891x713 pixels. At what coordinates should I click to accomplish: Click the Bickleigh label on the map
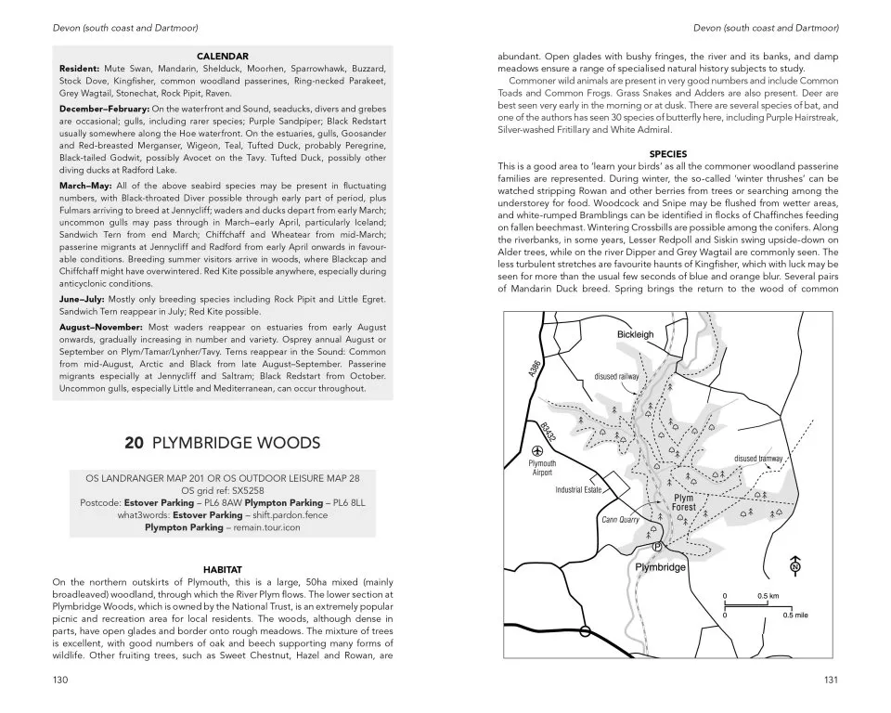636,334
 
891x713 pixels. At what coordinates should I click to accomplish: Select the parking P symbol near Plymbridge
657,547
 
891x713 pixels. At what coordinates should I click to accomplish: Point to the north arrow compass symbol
794,566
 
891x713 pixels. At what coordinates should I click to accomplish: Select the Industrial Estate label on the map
579,489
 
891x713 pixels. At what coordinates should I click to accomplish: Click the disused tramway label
758,459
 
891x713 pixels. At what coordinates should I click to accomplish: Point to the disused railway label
616,376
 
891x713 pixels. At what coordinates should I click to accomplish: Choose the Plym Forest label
683,503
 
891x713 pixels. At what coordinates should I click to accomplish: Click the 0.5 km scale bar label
768,595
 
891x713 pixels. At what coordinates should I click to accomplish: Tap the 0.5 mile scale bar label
795,615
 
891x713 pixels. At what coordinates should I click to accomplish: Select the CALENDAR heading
222,57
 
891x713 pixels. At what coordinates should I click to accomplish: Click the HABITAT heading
222,569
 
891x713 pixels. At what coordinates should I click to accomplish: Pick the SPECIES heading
667,154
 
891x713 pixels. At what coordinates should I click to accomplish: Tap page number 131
831,680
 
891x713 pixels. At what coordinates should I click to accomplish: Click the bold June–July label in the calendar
84,299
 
